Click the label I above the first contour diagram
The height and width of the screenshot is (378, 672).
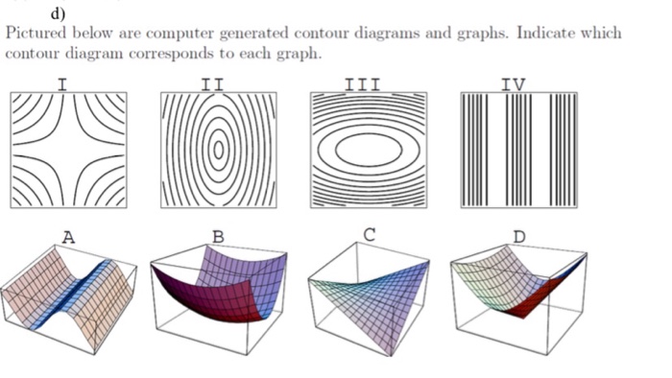pos(62,84)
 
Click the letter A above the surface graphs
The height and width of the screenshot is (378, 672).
pos(67,236)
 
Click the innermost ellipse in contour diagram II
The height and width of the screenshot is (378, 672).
pos(219,149)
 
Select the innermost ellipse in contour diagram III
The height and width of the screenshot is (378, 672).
pos(369,150)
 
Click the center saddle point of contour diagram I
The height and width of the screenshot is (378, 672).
pos(67,150)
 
